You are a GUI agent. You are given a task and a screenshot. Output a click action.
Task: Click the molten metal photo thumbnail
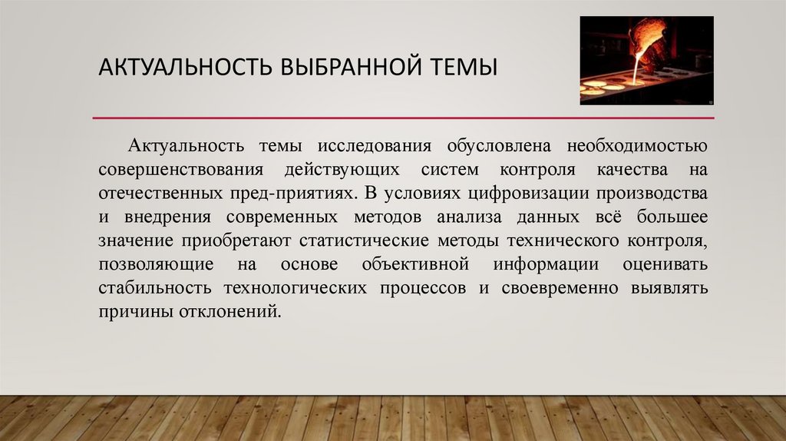[646, 60]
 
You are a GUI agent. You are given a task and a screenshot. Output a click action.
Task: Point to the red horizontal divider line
[403, 118]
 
